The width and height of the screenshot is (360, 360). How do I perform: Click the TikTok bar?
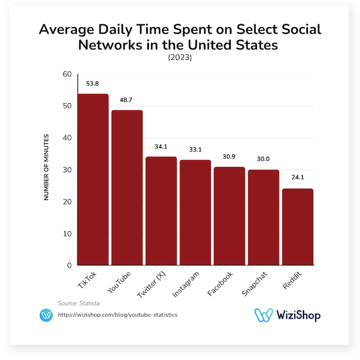click(x=93, y=180)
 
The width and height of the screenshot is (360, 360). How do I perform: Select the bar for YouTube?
click(x=127, y=188)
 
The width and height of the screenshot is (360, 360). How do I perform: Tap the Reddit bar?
click(x=297, y=227)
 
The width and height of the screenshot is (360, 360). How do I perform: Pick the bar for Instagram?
click(x=195, y=213)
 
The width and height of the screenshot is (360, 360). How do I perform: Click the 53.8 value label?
click(x=92, y=84)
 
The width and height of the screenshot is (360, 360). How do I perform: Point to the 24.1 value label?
click(x=297, y=179)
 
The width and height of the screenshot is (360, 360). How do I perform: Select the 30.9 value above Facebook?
click(x=229, y=157)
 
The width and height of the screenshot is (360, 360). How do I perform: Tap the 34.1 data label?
click(x=161, y=147)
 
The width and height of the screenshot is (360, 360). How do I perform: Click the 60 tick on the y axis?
click(x=67, y=74)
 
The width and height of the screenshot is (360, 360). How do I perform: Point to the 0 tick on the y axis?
click(x=69, y=265)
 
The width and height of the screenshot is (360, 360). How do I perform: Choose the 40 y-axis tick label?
click(x=67, y=138)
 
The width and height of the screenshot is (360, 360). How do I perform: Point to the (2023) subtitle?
click(x=180, y=58)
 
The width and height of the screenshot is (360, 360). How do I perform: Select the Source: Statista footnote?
click(x=76, y=303)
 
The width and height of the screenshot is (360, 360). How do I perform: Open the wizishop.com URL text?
click(x=118, y=315)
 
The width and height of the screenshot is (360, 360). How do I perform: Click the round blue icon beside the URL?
click(x=47, y=315)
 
